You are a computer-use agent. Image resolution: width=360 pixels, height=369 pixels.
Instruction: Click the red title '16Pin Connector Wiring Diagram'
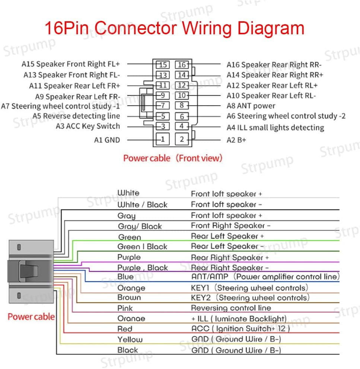[x=174, y=29]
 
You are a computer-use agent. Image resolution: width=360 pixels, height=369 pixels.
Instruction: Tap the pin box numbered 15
[x=163, y=65]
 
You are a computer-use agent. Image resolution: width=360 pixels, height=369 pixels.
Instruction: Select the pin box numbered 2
[x=182, y=140]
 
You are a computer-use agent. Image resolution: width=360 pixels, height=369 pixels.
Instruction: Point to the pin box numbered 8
[x=182, y=106]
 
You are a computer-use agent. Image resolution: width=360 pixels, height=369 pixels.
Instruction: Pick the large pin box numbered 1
[x=162, y=140]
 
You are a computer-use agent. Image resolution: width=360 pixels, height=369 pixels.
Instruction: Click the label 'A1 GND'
[x=107, y=140]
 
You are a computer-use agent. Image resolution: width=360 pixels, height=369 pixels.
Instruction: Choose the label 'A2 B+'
[x=236, y=140]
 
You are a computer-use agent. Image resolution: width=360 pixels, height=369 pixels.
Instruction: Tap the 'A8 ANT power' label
[x=251, y=106]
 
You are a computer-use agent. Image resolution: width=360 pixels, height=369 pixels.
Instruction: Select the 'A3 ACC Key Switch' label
[x=88, y=126]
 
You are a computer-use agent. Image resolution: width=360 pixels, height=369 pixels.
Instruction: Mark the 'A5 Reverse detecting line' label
[x=76, y=116]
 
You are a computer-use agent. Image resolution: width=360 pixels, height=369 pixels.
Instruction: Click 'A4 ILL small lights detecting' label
[x=275, y=127]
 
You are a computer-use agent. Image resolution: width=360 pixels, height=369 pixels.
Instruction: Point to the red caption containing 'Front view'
[x=172, y=158]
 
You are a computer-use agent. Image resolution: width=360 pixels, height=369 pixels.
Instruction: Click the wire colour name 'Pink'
[x=125, y=308]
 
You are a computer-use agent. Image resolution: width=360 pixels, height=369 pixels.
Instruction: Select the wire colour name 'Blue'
[x=125, y=277]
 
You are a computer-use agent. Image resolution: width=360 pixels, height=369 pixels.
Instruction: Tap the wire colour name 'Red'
[x=125, y=329]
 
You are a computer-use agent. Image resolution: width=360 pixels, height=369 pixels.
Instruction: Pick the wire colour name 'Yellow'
[x=130, y=339]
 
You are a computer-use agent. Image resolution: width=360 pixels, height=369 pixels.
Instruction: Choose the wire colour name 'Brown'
[x=129, y=297]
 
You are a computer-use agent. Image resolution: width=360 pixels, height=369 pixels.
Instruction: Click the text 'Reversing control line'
[x=231, y=308]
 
